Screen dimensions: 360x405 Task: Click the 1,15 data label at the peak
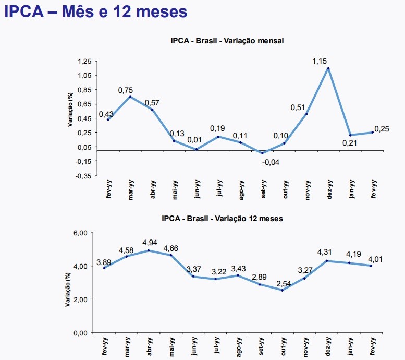[x=320, y=61]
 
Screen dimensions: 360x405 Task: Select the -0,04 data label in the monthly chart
[x=271, y=162]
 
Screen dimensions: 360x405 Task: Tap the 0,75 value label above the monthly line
[x=126, y=90]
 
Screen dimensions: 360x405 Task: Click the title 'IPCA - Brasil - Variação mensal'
[x=226, y=41]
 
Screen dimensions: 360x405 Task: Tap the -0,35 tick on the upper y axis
[x=84, y=176]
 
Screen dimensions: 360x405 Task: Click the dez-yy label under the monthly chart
[x=329, y=190]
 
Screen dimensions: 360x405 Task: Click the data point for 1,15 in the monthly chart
[x=328, y=68]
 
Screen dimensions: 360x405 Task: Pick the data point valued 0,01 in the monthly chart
[x=196, y=150]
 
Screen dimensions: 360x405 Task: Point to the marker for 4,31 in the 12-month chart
[x=327, y=261]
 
